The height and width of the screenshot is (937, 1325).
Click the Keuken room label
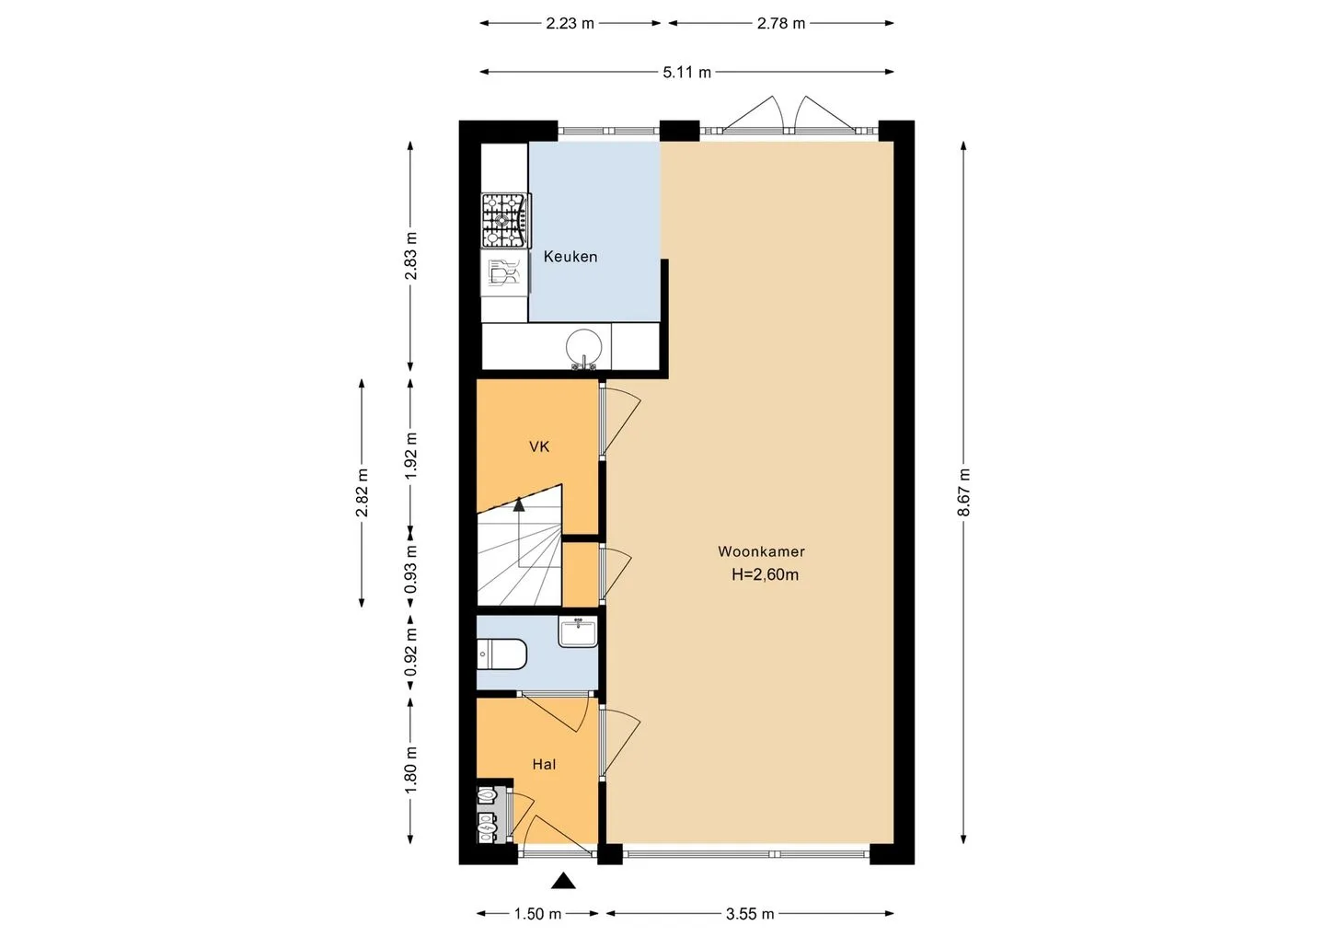point(570,257)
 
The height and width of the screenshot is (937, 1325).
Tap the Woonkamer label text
point(761,551)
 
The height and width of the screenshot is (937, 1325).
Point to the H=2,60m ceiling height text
point(765,574)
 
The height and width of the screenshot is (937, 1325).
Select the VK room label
point(539,446)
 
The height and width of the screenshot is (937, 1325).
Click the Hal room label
point(544,764)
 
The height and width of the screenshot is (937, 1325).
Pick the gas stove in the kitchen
point(505,221)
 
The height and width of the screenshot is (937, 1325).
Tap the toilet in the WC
point(501,654)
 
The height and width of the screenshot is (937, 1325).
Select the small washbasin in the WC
point(578,631)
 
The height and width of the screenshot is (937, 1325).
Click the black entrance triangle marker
point(563,881)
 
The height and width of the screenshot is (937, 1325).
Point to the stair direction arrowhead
point(519,504)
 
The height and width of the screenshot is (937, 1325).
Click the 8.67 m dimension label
point(963,492)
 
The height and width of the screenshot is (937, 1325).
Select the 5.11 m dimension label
point(686,73)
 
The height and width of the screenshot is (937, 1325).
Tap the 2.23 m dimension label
point(570,24)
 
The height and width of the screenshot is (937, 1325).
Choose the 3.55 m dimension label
point(750,914)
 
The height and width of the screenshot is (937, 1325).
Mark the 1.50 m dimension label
point(537,914)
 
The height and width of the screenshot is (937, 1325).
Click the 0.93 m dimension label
point(411,569)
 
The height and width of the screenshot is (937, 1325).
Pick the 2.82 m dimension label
point(362,492)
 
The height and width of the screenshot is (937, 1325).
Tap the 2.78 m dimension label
point(781,24)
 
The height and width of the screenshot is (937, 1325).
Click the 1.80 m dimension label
point(411,769)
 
